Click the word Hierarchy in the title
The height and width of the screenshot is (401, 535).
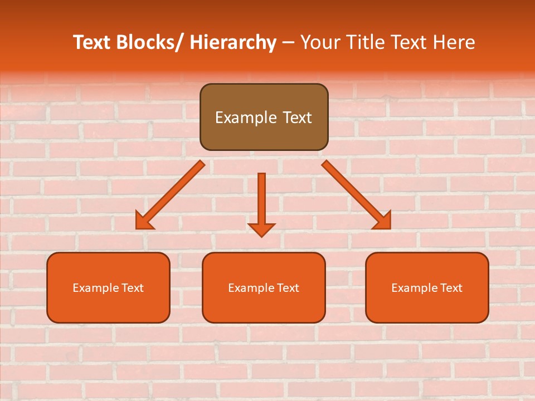(233, 42)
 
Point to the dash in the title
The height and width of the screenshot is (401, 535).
(288, 42)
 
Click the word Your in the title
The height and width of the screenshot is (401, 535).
(319, 42)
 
